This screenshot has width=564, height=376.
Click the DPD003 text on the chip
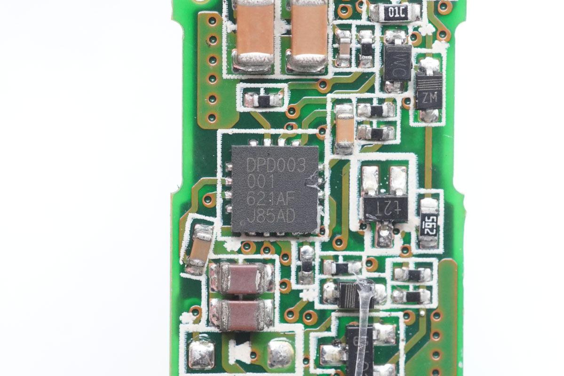tap(276, 165)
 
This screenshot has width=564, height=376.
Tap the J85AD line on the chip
tap(271, 216)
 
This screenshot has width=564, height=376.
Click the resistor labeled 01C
tap(395, 13)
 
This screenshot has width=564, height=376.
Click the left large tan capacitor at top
tap(254, 35)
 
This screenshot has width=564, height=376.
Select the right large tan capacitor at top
tap(309, 35)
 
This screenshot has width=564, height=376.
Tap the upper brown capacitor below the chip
tap(242, 278)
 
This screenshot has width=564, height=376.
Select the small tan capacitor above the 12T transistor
tap(344, 129)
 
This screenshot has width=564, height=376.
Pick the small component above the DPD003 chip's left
tap(263, 100)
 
